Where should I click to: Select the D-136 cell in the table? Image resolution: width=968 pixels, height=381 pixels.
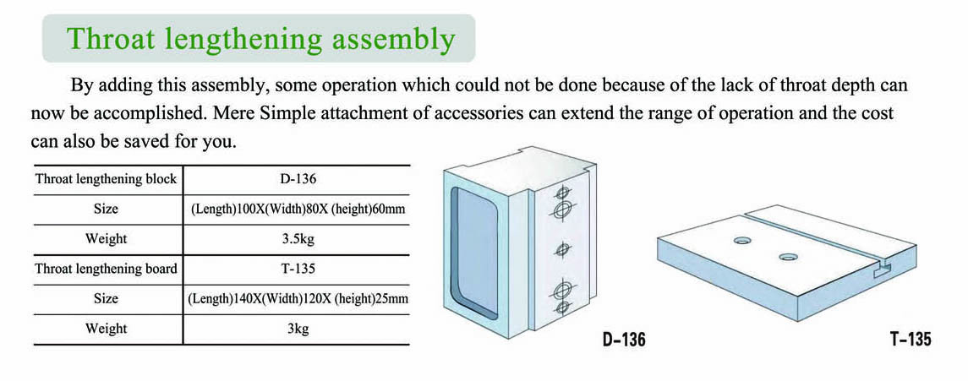tap(297, 180)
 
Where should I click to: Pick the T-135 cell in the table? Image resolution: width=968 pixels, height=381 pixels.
tap(297, 269)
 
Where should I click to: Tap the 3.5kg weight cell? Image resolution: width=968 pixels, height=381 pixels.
tap(298, 239)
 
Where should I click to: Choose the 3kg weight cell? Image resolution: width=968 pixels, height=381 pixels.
tap(298, 329)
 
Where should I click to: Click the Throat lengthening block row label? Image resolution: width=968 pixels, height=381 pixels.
tap(107, 180)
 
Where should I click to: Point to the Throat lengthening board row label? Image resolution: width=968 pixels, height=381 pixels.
tap(107, 269)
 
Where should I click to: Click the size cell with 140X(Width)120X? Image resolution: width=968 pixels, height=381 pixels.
tap(297, 299)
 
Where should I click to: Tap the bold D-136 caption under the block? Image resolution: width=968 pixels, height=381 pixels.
tap(624, 340)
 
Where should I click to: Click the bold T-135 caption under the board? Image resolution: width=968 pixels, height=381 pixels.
tap(910, 340)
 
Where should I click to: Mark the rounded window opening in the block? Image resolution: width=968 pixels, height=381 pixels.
tap(474, 253)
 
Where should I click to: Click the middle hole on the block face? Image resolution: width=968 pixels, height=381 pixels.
tap(562, 249)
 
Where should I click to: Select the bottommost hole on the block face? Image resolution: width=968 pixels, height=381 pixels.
tap(561, 306)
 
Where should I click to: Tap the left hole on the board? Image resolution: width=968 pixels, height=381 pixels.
tap(742, 240)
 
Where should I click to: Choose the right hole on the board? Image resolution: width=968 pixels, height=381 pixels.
tap(788, 257)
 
